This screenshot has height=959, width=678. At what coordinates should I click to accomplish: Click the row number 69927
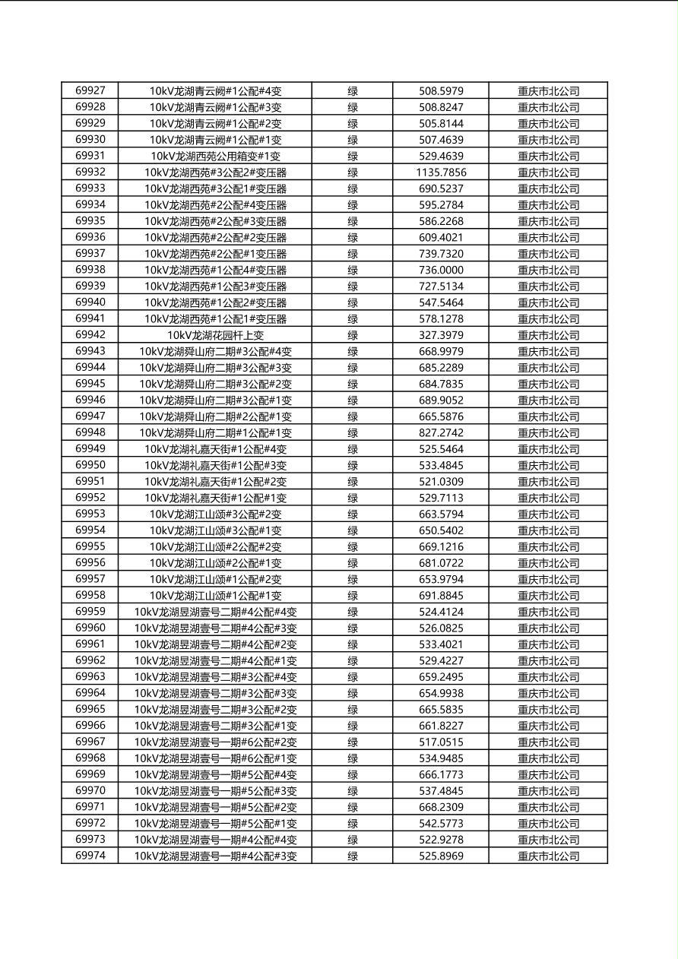(90, 90)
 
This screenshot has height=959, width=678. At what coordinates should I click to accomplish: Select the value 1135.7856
(441, 172)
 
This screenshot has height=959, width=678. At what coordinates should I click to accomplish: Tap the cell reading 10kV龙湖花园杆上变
(215, 335)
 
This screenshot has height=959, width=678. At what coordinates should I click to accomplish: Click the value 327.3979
(441, 335)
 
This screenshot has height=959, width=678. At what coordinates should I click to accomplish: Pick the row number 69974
(90, 856)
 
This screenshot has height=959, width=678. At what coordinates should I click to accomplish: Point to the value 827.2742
(441, 432)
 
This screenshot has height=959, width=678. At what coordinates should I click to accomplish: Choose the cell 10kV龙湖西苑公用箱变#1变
(215, 156)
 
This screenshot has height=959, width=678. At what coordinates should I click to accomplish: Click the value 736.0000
(441, 270)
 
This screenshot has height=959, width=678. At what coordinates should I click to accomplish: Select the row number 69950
(90, 465)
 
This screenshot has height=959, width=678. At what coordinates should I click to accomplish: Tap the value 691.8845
(441, 595)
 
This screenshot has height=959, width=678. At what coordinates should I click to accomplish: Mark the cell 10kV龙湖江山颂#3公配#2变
(215, 514)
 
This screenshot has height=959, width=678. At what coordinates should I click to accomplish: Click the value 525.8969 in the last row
(441, 856)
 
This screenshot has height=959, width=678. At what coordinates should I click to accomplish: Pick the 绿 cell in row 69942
(353, 335)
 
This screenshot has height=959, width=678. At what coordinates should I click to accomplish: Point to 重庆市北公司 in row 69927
(548, 91)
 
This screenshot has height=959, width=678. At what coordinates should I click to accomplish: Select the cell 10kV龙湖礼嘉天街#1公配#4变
(215, 449)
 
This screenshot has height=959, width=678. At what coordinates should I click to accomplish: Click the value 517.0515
(441, 742)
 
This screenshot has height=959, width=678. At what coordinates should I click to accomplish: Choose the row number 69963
(90, 676)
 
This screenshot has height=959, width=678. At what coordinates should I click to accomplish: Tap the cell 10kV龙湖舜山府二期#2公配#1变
(215, 416)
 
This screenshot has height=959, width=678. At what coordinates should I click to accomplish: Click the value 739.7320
(441, 254)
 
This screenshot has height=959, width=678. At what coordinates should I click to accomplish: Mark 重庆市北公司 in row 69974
(548, 856)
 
